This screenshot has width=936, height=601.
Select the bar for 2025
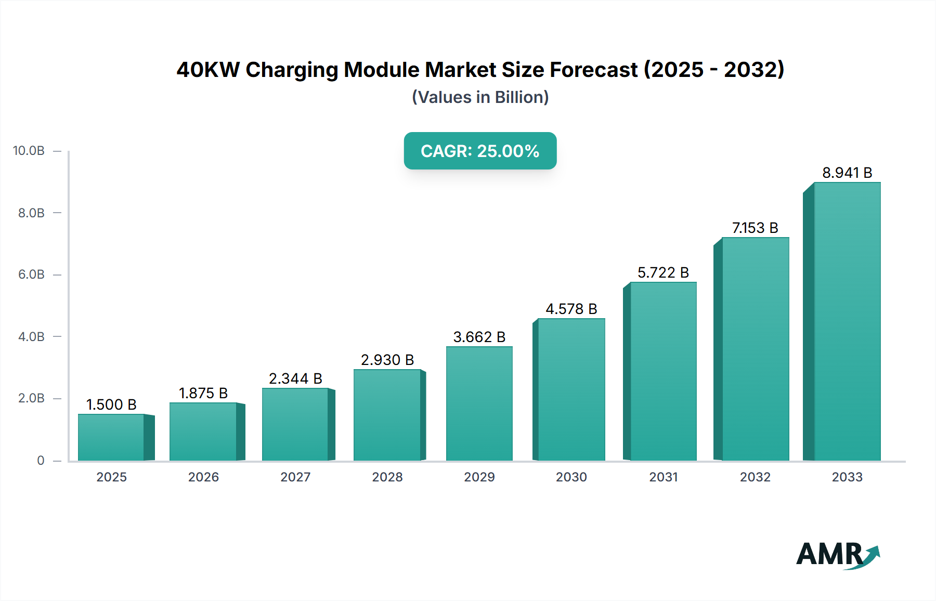click(111, 437)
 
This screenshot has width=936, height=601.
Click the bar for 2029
click(479, 403)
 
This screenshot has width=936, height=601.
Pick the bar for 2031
click(663, 371)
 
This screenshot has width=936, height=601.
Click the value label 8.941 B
click(847, 173)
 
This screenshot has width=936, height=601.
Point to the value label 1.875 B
click(203, 393)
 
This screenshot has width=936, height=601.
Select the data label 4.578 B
click(571, 309)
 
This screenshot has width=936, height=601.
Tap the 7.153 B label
click(755, 228)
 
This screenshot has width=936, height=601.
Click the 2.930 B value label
click(387, 360)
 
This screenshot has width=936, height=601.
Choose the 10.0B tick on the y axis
click(29, 151)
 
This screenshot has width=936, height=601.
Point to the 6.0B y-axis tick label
click(31, 275)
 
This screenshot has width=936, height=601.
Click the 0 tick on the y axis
click(41, 461)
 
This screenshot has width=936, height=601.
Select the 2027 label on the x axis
click(295, 477)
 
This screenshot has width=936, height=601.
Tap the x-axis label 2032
click(755, 477)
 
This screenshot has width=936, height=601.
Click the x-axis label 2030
click(571, 477)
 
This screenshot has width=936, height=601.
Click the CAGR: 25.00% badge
click(480, 151)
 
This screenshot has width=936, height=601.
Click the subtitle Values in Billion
click(480, 97)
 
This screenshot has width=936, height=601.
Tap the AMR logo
click(837, 555)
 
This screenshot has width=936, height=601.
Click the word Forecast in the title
click(593, 70)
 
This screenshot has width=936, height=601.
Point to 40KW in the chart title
click(208, 70)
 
